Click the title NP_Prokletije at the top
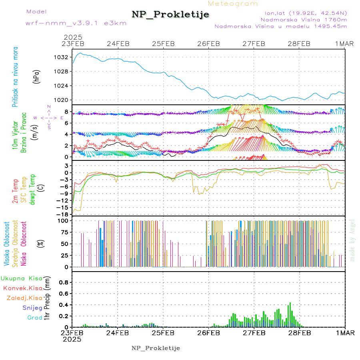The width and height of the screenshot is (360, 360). pyautogui.click(x=170, y=14)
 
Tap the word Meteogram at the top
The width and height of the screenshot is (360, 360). pyautogui.click(x=233, y=4)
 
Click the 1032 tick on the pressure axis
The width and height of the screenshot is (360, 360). pyautogui.click(x=61, y=57)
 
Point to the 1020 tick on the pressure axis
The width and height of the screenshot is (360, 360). pyautogui.click(x=61, y=100)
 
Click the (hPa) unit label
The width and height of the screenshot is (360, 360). pyautogui.click(x=37, y=76)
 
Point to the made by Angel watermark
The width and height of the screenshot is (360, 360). pyautogui.click(x=352, y=240)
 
